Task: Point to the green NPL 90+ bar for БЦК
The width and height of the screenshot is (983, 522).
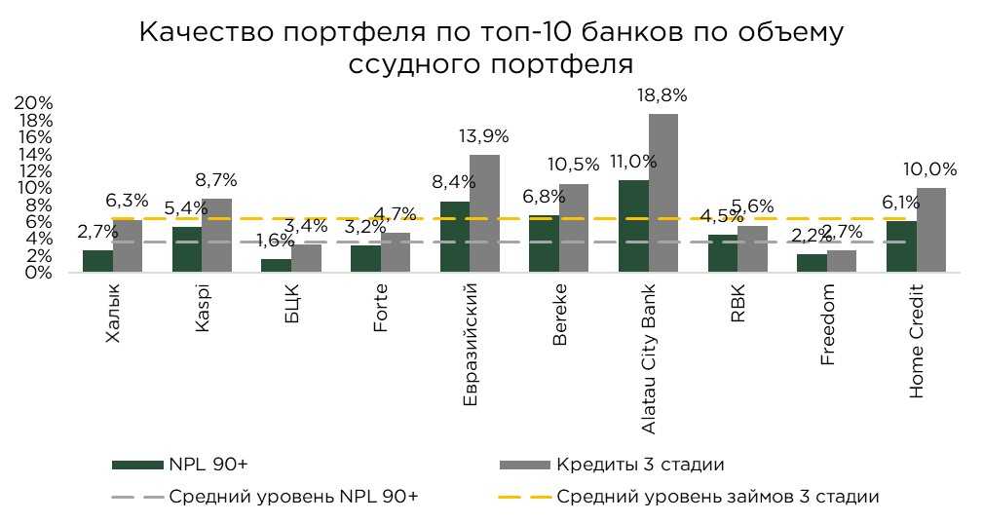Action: coord(277,265)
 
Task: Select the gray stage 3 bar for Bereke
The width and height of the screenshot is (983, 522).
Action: coord(574,228)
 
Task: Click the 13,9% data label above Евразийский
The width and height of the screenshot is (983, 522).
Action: coord(484,136)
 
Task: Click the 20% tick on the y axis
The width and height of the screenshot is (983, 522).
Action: coord(33,103)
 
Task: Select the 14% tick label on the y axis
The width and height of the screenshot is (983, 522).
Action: coord(33,154)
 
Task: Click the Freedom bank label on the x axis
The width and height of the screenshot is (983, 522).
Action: coord(828,324)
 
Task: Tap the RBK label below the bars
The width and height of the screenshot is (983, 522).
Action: coord(737,304)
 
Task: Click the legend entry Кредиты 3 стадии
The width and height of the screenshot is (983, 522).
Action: coord(640,464)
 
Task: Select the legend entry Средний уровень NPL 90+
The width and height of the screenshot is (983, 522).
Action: coord(293,497)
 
